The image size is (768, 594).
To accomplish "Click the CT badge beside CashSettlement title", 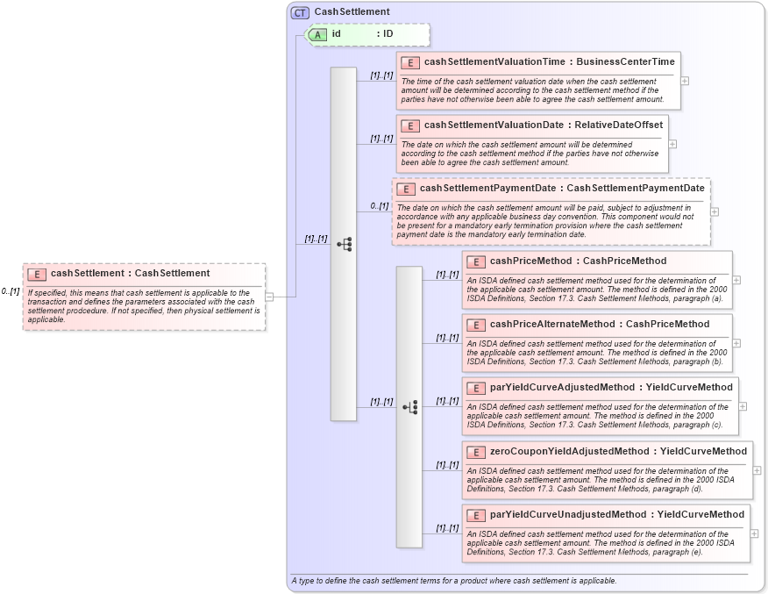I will click(300, 12).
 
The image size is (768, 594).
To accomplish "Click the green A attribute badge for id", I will click(316, 34).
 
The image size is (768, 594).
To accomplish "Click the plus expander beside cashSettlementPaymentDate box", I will click(715, 211).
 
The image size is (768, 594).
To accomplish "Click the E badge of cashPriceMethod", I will click(476, 261).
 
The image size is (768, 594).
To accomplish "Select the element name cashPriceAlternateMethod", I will click(552, 325).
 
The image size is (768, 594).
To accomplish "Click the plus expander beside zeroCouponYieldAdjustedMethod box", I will click(757, 470).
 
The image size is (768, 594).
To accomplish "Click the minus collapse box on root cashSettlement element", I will click(269, 297).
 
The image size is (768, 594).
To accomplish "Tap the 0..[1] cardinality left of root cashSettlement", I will click(10, 291).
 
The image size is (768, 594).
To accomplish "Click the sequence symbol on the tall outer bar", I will click(344, 244).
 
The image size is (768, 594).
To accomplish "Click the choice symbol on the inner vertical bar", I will click(409, 407).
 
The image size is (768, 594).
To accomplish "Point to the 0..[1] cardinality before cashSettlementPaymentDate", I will click(379, 206).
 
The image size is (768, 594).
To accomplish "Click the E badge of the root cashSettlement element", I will click(36, 274).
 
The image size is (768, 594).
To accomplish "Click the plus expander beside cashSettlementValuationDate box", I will click(672, 144).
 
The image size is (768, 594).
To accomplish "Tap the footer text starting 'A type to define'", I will click(453, 581).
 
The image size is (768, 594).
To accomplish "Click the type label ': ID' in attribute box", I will click(385, 34).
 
